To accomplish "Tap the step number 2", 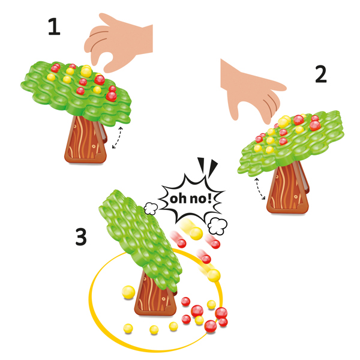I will tap(320, 74).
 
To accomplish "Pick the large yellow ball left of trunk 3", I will tap(128, 292).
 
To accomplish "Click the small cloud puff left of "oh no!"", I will tap(151, 208).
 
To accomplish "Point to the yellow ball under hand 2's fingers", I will tap(284, 122).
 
